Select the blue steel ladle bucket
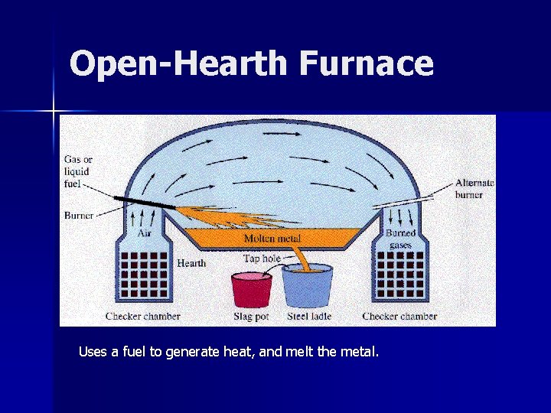click(x=307, y=286)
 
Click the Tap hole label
click(x=262, y=259)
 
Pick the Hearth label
click(x=191, y=263)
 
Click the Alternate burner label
click(x=474, y=188)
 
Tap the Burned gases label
click(x=401, y=239)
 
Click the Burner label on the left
click(x=78, y=216)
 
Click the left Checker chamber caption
click(x=143, y=316)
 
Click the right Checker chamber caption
click(x=399, y=316)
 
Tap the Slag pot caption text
click(x=252, y=316)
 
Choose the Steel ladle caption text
click(x=308, y=316)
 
